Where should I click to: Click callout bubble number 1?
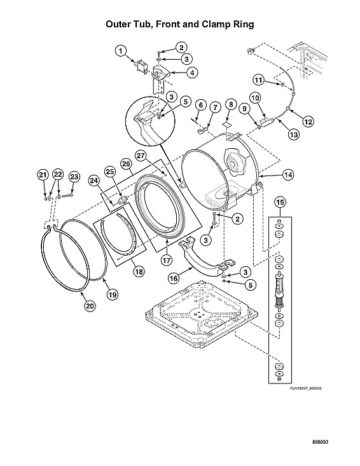[x=120, y=51]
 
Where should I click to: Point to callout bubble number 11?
[x=258, y=79]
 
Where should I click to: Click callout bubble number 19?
[x=112, y=294]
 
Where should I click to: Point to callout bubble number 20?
[x=90, y=306]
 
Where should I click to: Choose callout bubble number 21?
[x=43, y=175]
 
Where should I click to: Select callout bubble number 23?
[x=74, y=176]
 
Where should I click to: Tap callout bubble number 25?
[x=109, y=172]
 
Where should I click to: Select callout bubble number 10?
[x=254, y=98]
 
